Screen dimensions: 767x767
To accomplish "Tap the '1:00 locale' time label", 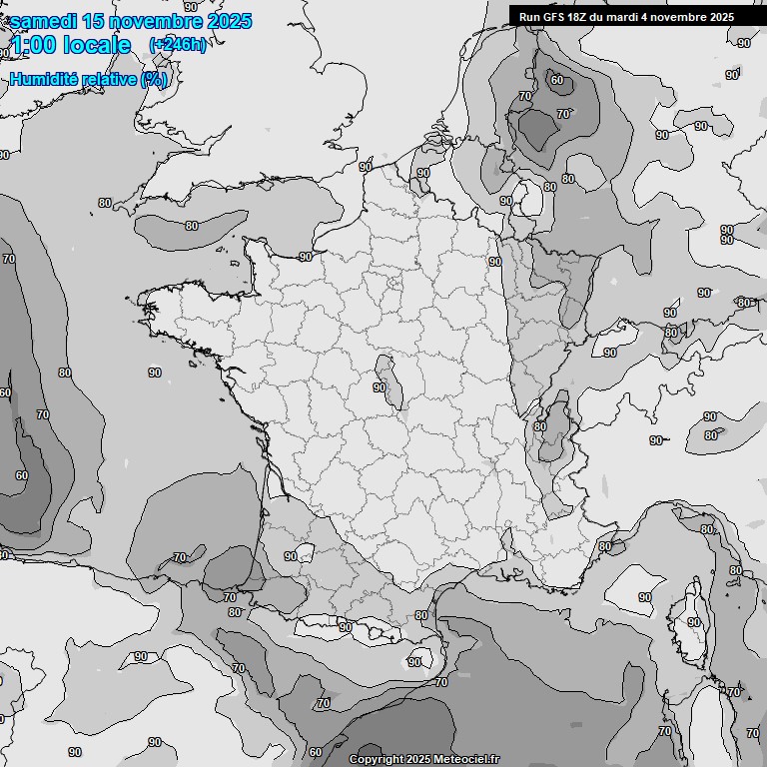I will tap(71, 45).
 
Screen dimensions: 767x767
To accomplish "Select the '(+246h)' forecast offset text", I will tap(178, 45).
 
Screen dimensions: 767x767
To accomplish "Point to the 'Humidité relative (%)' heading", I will tap(89, 80).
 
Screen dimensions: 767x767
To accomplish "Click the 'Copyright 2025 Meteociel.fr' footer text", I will tap(423, 759).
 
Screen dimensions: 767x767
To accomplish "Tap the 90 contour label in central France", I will tap(380, 387).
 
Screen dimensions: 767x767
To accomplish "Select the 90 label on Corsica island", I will tap(693, 622).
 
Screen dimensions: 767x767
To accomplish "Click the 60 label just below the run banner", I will tap(556, 81).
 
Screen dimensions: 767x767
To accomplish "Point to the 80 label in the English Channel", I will tap(191, 226).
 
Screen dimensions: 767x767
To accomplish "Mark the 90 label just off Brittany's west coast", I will tap(154, 373).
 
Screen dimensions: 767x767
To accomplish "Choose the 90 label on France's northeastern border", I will tap(494, 262).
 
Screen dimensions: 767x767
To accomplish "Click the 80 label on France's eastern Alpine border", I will tap(540, 426).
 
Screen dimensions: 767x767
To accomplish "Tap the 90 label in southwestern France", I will tap(290, 556).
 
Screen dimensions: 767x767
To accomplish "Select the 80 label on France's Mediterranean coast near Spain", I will tap(420, 616).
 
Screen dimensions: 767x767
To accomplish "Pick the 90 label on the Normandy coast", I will tap(305, 257).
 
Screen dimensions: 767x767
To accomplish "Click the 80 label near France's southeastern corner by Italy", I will tap(604, 547).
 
